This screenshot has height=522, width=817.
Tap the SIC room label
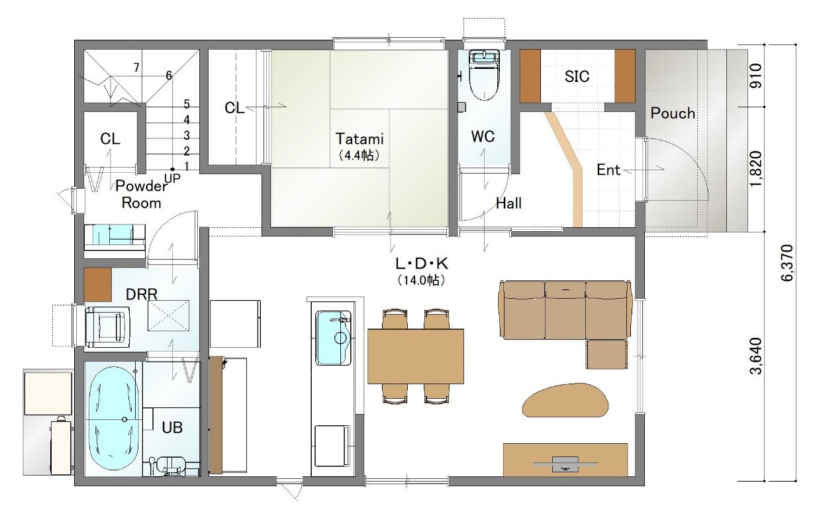(x=577, y=76)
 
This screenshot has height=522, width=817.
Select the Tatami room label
(x=360, y=138)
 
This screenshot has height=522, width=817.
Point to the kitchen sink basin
(x=333, y=338)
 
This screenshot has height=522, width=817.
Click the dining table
(x=415, y=356)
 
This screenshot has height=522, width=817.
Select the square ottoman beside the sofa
(x=607, y=354)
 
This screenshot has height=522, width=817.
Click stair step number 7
(x=136, y=68)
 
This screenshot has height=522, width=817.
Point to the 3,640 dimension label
(x=754, y=356)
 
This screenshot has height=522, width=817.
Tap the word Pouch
(x=673, y=113)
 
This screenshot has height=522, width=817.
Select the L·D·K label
(x=422, y=263)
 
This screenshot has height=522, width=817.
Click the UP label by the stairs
(x=172, y=178)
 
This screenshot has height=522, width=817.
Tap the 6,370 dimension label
(x=787, y=263)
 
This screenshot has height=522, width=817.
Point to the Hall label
(x=508, y=203)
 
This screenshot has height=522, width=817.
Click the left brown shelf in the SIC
(x=530, y=76)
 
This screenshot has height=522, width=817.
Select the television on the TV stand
(x=565, y=464)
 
